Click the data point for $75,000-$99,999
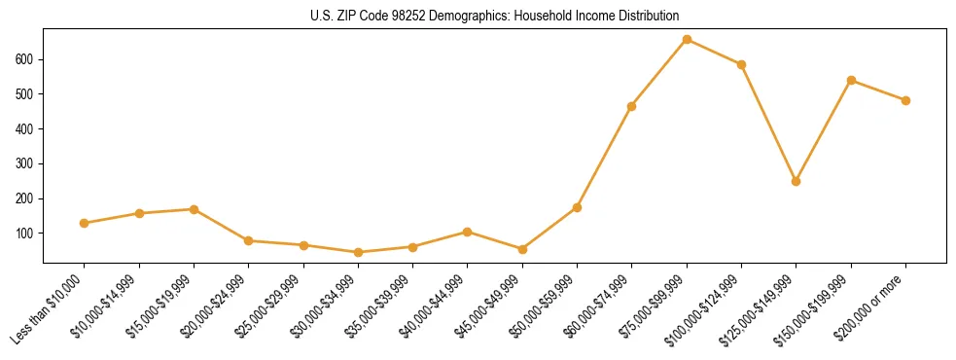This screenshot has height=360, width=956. point(687,40)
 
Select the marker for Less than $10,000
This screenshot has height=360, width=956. point(85,223)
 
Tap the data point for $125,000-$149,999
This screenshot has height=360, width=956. point(797,181)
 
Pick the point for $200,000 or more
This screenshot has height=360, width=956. point(905,100)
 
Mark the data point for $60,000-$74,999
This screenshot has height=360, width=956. point(632,106)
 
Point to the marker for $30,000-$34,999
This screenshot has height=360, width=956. point(359,252)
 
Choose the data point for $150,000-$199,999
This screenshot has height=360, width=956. point(851,80)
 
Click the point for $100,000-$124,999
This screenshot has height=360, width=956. point(741,64)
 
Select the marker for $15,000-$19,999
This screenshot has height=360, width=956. point(195,209)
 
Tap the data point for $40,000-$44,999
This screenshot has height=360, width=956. point(468,232)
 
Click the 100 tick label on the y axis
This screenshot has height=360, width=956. point(26,234)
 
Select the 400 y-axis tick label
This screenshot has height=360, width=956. point(26,129)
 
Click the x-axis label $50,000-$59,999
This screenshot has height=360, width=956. point(547,306)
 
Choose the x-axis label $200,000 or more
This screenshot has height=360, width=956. point(875,306)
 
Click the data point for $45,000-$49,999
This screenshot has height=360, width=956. point(522,249)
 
